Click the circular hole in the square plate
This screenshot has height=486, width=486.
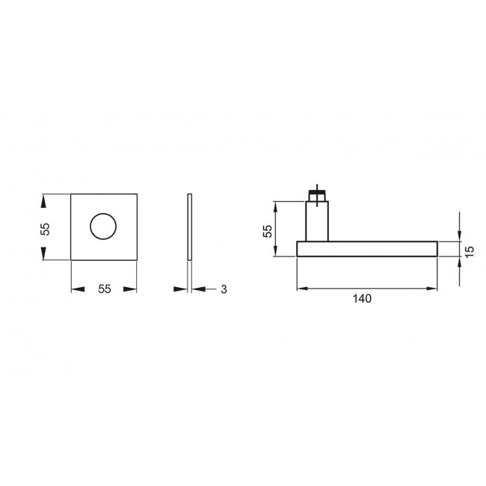(x=103, y=227)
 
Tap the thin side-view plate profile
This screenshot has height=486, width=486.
(x=190, y=227)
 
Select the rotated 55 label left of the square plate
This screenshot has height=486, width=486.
(x=45, y=228)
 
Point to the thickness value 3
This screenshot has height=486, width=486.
(x=224, y=289)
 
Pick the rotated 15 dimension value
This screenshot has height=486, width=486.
(x=470, y=251)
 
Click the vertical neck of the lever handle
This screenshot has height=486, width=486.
(x=318, y=222)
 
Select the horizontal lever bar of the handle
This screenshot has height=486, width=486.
(x=366, y=249)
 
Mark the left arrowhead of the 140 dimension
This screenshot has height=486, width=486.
(x=303, y=288)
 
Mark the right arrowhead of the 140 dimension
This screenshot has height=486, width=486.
(x=431, y=288)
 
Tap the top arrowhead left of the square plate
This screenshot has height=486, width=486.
(x=45, y=201)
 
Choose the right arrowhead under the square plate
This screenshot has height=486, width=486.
(x=131, y=289)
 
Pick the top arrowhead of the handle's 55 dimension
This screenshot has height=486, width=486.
(x=276, y=206)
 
